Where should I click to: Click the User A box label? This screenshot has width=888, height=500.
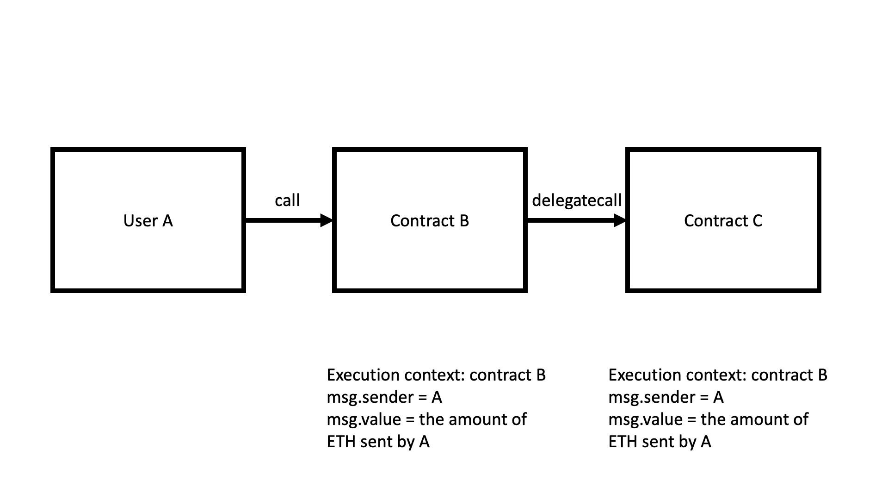coord(148,221)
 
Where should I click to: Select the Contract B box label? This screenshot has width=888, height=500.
coord(430,221)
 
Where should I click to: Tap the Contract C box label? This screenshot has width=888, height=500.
coord(723,221)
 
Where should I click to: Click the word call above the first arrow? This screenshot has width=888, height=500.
coord(287,200)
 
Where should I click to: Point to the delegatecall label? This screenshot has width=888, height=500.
coord(577,200)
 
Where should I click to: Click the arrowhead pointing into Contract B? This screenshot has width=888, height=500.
coord(327,220)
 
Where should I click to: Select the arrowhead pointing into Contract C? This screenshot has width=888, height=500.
coord(620,220)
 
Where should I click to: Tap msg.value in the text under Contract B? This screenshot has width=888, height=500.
coord(364,419)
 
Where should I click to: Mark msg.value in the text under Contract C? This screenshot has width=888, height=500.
coord(645,419)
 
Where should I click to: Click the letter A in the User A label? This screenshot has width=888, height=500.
coord(167,221)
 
